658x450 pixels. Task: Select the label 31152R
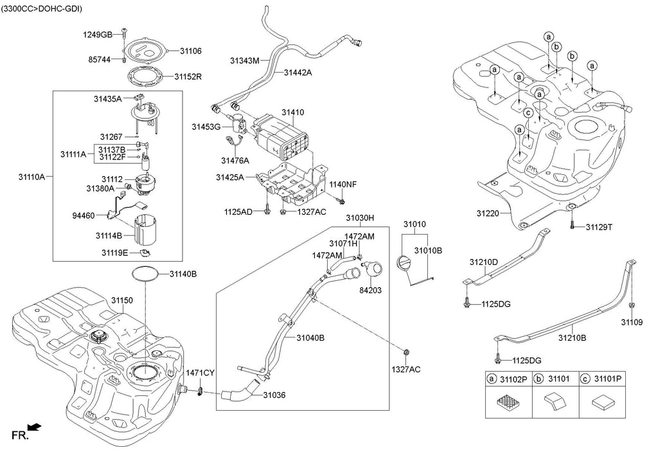[x=188, y=76]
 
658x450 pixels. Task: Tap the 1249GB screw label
[x=98, y=33]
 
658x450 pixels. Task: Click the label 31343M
[x=244, y=61]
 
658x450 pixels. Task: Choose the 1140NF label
[x=342, y=184]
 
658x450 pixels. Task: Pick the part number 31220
[x=489, y=212]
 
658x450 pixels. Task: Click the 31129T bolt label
[x=600, y=227]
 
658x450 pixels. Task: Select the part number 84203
[x=371, y=290]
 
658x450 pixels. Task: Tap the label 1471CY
[x=200, y=373]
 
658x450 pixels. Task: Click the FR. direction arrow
[x=36, y=427]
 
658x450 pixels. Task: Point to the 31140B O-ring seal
[x=145, y=274]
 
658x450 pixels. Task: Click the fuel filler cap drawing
[x=405, y=265]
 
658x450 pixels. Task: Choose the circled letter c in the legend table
[x=585, y=380]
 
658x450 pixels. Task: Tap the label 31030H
[x=360, y=218]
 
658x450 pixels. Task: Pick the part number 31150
[x=122, y=300]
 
